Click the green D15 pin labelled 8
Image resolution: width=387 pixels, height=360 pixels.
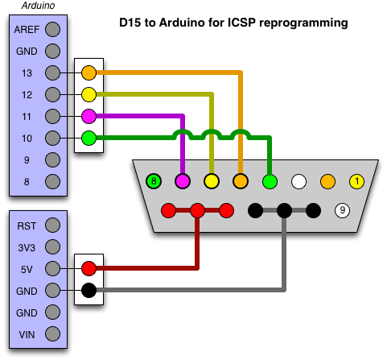[x=154, y=181]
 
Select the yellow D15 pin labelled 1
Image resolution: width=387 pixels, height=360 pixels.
[x=356, y=181]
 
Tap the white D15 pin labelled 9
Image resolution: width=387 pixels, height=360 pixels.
[x=342, y=210]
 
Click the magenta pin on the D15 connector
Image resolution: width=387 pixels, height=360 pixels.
[x=183, y=181]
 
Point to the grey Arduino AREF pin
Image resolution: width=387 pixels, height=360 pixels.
[x=52, y=29]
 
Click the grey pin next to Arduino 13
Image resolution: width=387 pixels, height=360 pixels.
[x=52, y=72]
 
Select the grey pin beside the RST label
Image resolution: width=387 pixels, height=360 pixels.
[x=52, y=225]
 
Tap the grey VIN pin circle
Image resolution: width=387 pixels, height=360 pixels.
[x=52, y=334]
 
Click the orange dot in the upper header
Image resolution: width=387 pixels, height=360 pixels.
[x=89, y=72]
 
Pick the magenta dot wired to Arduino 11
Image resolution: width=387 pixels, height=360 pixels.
[x=89, y=116]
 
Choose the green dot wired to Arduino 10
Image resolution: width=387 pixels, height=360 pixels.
[x=89, y=138]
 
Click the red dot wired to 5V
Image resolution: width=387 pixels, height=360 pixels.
[x=89, y=268]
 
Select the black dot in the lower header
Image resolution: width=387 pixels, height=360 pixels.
[x=89, y=290]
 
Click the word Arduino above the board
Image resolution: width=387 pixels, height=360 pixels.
[x=38, y=6]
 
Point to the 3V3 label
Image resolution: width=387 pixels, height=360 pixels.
[x=27, y=247]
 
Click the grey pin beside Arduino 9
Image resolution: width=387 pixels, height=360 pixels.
[x=52, y=159]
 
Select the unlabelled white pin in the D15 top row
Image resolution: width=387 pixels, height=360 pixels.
[x=298, y=181]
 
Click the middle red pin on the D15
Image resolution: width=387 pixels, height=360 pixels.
[x=197, y=210]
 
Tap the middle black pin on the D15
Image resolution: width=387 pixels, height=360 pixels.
[x=284, y=210]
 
